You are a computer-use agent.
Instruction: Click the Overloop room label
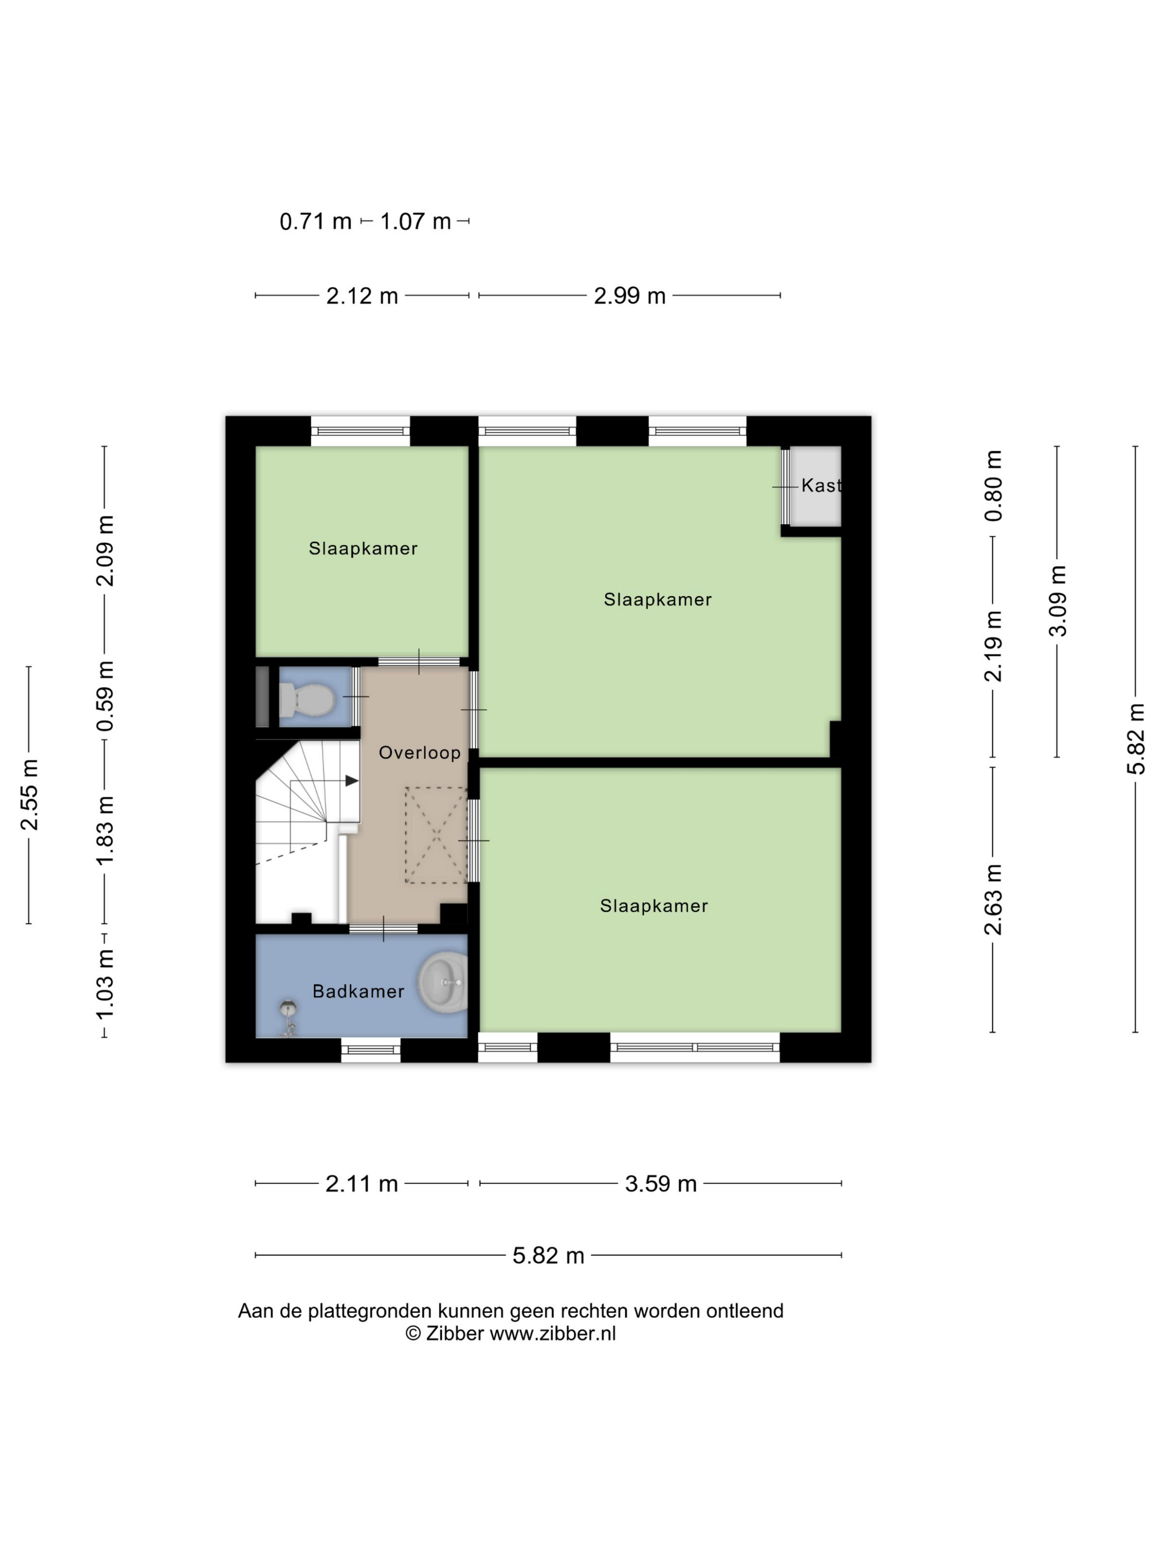[419, 753]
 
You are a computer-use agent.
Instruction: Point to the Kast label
[821, 485]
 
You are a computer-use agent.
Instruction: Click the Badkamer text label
[358, 991]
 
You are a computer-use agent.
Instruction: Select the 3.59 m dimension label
[661, 1184]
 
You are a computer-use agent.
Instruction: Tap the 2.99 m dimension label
[629, 296]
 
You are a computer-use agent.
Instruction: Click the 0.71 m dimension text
[315, 221]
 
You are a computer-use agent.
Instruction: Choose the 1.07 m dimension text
[415, 221]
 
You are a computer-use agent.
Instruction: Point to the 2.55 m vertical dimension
[29, 794]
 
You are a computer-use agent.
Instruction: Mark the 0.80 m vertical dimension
[993, 486]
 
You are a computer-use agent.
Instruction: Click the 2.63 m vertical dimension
[993, 900]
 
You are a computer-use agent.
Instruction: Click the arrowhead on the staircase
[352, 781]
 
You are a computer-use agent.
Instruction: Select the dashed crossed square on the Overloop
[436, 835]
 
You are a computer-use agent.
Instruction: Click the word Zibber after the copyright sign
[454, 1334]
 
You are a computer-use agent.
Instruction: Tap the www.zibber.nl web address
[553, 1334]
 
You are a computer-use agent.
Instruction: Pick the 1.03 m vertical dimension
[105, 984]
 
